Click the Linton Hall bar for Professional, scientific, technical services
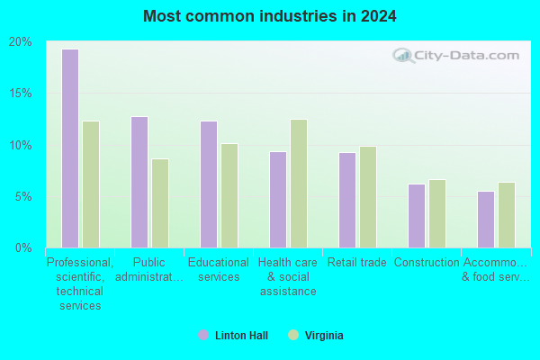pos(70,148)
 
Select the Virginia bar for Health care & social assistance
pos(299,184)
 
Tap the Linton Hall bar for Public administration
pos(139,182)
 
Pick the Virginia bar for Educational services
pos(229,195)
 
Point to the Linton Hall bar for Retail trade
pos(347,200)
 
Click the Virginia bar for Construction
pos(437,213)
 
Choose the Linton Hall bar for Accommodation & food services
pos(486,220)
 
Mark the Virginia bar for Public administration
pos(160,203)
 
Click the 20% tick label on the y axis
pos(21,42)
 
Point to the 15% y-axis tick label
pos(21,93)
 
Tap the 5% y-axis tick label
pos(23,197)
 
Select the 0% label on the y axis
pos(23,247)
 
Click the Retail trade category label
pos(356,263)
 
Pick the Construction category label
pos(427,263)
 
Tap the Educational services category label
pos(219,270)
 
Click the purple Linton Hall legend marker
pos(203,335)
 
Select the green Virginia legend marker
pos(293,335)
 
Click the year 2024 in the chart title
pos(379,16)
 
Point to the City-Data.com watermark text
pos(466,56)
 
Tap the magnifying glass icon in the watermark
pos(403,56)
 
